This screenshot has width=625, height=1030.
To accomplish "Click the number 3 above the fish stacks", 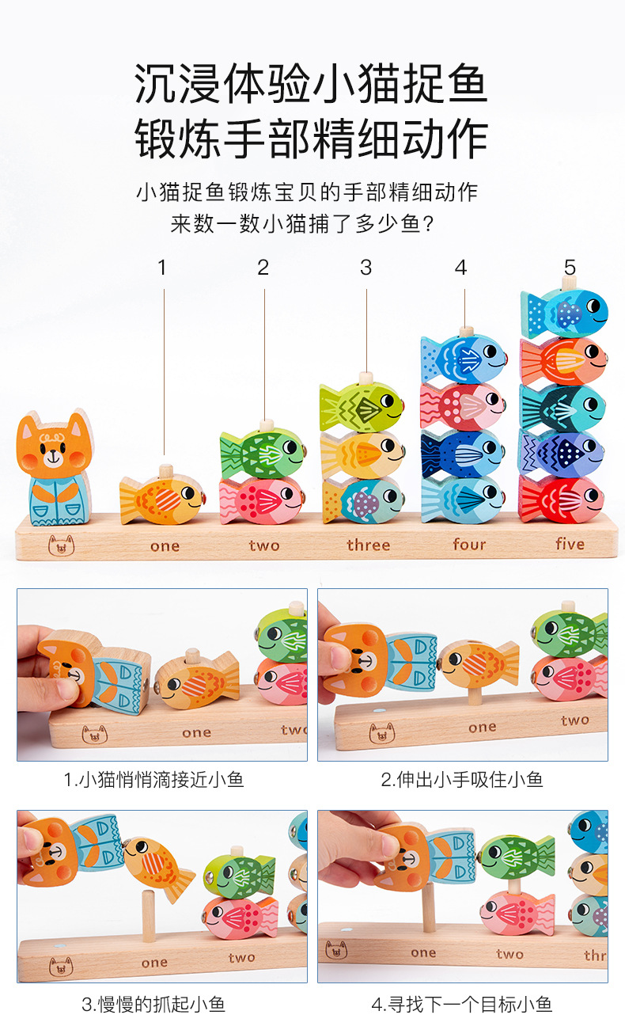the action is [x=366, y=267].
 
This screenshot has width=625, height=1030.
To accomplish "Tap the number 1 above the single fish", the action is [x=161, y=267].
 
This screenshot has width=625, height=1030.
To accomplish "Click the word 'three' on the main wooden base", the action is [x=369, y=545].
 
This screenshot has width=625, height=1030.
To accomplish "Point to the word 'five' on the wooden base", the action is [x=570, y=544].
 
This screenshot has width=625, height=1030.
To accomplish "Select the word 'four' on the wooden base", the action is [x=469, y=545].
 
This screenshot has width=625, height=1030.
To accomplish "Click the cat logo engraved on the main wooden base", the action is [x=61, y=545].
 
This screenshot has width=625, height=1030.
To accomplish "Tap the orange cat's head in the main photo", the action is [x=55, y=443].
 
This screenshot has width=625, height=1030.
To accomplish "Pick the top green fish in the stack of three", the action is [x=362, y=405].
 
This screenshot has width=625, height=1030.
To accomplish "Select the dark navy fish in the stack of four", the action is [x=464, y=453].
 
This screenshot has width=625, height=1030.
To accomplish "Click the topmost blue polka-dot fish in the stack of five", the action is [x=564, y=314].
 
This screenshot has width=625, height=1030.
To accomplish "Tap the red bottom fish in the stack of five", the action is [x=561, y=499].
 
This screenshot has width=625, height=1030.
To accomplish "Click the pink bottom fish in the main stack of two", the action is [x=262, y=500].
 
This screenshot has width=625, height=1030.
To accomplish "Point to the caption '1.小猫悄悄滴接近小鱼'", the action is [x=153, y=779].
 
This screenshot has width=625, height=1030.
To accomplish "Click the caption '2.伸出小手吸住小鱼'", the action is [x=462, y=779].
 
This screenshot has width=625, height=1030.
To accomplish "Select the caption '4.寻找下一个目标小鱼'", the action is [x=462, y=1004].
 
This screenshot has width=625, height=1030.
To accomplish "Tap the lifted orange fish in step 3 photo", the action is [x=157, y=867].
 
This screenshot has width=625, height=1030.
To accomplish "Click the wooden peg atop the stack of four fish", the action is [x=466, y=332].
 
